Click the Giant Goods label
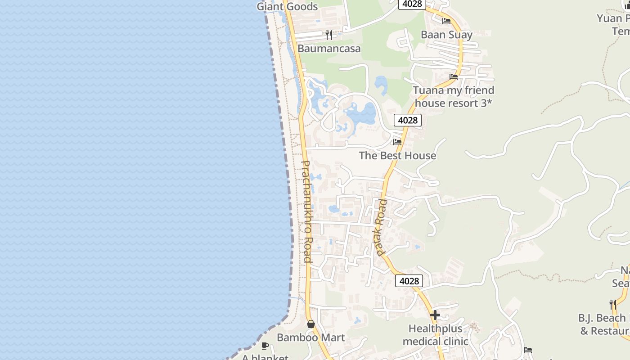[287, 6]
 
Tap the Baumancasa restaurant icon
[329, 35]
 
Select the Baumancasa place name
[329, 48]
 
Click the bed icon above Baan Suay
[446, 21]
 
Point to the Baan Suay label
[446, 35]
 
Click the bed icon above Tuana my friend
[454, 77]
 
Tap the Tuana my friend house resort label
[454, 96]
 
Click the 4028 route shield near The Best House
[408, 120]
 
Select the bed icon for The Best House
[397, 142]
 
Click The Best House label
[397, 156]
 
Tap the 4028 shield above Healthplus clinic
[409, 281]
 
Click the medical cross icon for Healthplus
[435, 315]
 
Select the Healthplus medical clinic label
[435, 335]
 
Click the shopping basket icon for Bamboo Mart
[310, 324]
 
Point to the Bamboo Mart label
[310, 337]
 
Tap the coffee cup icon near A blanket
[265, 346]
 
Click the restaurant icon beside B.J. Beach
[612, 304]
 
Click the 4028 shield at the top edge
[412, 4]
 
